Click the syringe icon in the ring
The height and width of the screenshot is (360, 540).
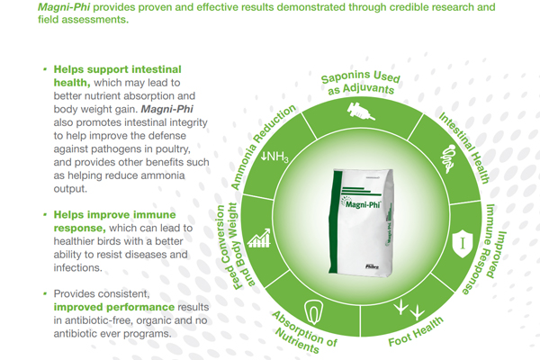[x=361, y=111]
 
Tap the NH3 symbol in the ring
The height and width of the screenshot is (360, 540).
[x=274, y=157]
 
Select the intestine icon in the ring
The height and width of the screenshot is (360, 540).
[x=448, y=158]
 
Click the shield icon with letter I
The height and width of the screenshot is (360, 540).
[x=463, y=244]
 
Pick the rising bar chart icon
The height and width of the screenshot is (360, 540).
[x=259, y=238]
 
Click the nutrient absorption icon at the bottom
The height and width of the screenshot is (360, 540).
[x=313, y=312]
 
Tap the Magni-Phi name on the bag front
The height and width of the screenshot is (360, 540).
[x=363, y=204]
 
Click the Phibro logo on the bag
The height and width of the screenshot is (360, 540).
[x=373, y=266]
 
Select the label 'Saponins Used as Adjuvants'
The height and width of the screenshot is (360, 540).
[x=361, y=83]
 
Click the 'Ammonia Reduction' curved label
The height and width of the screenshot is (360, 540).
[x=263, y=146]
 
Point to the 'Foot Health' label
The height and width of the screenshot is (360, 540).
[x=416, y=332]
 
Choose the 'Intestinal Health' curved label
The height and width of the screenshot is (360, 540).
[x=464, y=148]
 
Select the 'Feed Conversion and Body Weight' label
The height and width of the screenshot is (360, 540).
[x=233, y=246]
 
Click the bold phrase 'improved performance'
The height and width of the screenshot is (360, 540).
[x=114, y=307]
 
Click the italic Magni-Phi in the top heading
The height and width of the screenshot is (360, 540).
[x=64, y=7]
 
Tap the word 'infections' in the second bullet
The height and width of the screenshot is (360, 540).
[x=76, y=267]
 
